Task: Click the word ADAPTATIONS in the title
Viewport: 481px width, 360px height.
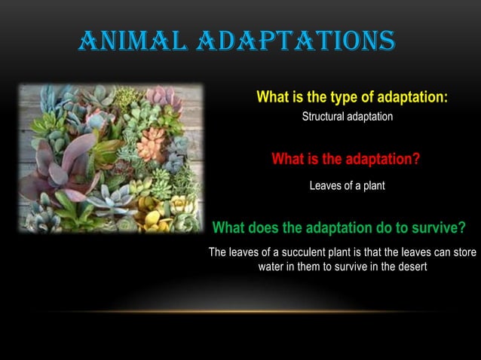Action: pos(295,40)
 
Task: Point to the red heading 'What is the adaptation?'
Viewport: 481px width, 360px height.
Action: pos(345,160)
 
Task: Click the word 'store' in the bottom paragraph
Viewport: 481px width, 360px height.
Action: pos(464,252)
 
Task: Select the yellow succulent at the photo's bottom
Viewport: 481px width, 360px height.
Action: pos(152,218)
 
